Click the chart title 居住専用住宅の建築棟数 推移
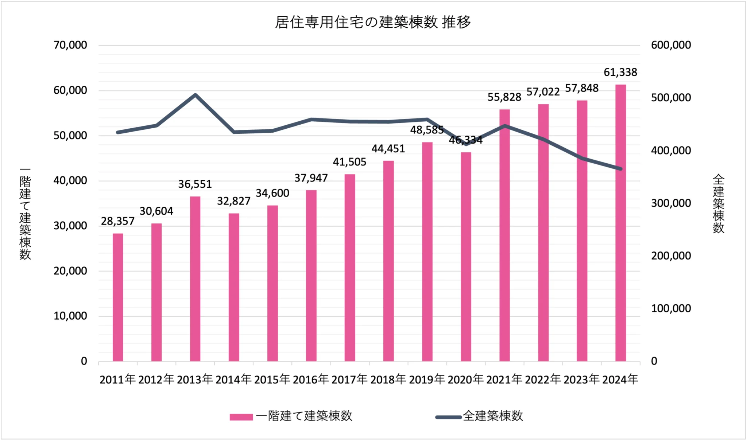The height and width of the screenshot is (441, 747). point(373,22)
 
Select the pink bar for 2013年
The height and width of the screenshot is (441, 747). point(195,279)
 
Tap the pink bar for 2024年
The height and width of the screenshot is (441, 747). point(620,223)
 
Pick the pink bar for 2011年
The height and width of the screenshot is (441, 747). point(118,297)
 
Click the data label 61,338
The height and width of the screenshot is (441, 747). point(620,72)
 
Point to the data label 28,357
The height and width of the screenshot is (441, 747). point(118,221)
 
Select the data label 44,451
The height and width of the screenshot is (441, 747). point(388,149)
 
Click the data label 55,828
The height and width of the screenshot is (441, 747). point(504,97)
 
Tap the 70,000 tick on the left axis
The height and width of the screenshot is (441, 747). point(70,45)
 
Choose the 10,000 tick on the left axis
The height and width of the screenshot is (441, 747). point(70,316)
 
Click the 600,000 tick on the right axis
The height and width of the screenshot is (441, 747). point(671,45)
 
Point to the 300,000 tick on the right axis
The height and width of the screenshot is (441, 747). point(671,203)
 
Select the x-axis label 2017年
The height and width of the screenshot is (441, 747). point(349,380)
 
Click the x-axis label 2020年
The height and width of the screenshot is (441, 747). point(465,380)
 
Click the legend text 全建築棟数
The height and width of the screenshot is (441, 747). point(493,416)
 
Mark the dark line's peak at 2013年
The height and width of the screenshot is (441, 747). point(195,95)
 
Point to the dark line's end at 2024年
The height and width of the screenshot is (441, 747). point(620,169)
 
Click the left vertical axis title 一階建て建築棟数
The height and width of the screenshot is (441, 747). point(25,214)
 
